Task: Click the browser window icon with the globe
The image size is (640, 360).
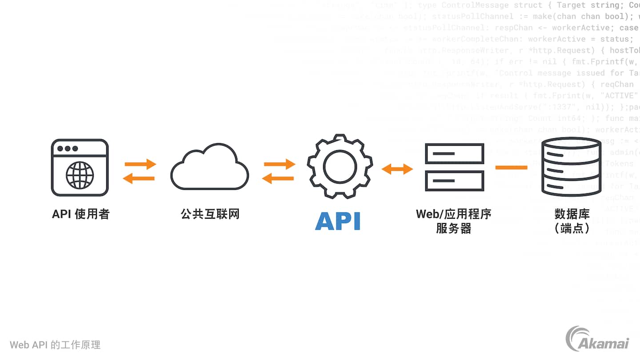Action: (x=80, y=168)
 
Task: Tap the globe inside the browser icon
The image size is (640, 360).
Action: (x=80, y=175)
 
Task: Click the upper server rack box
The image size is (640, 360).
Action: (x=454, y=153)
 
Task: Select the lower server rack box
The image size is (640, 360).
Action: (x=454, y=180)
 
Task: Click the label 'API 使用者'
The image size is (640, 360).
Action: (x=80, y=214)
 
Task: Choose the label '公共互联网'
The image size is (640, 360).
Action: (x=210, y=214)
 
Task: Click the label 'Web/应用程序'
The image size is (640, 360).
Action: (x=453, y=214)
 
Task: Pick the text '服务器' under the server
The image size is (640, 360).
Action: (x=453, y=228)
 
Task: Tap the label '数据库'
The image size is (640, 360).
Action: (x=572, y=214)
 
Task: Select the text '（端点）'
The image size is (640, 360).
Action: (x=572, y=228)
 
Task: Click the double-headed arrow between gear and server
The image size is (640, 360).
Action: (x=397, y=169)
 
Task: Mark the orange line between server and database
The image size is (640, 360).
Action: (x=511, y=168)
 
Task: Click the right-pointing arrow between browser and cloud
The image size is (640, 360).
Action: (x=140, y=164)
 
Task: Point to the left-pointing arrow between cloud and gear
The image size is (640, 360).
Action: (x=278, y=179)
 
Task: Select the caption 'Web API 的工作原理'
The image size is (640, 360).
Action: (x=55, y=345)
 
